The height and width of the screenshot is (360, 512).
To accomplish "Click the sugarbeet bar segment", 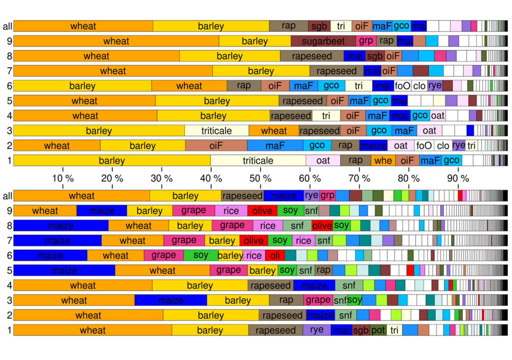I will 324,41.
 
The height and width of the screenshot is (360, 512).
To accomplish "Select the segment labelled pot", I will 378,330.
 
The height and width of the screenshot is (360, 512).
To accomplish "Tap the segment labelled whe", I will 383,160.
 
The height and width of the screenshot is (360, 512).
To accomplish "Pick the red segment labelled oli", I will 274,255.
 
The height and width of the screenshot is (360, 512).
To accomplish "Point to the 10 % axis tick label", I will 62,178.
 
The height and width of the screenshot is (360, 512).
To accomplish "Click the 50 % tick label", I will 260,178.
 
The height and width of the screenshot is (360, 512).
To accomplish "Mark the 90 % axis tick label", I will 458,178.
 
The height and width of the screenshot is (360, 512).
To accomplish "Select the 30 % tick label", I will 161,178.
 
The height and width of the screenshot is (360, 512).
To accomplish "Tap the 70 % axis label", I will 359,178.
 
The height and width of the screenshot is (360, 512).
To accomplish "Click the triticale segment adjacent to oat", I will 257,160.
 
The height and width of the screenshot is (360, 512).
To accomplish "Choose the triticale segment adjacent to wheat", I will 216,131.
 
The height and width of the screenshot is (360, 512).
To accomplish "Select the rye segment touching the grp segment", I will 311,195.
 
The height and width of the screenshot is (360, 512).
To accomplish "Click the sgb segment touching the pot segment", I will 360,330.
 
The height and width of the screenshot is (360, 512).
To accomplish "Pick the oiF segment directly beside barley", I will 216,146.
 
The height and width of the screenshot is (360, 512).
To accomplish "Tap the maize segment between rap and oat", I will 373,146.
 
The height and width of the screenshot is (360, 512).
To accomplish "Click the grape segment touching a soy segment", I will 163,255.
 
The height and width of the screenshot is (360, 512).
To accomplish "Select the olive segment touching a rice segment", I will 262,210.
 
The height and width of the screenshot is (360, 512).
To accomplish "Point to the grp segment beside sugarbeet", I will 366,41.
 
